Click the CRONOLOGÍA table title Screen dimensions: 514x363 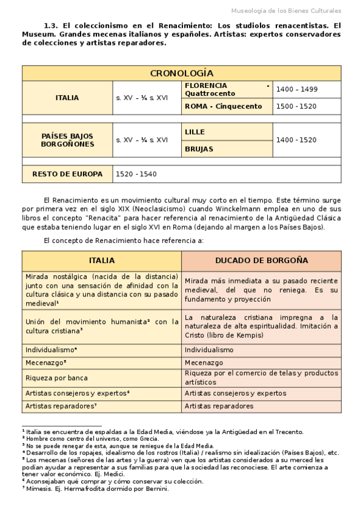click(181, 73)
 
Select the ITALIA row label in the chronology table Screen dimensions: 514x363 click(67, 98)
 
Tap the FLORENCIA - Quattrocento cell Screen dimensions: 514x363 click(227, 89)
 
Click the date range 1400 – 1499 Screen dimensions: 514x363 click(296, 89)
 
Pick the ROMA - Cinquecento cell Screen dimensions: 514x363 click(223, 106)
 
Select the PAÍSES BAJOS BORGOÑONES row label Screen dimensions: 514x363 click(67, 140)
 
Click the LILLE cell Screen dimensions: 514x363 click(195, 132)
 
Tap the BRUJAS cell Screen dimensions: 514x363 click(198, 149)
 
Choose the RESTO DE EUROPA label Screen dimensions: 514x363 click(67, 174)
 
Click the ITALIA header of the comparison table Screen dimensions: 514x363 click(102, 260)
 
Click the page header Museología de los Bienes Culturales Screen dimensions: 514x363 click(287, 11)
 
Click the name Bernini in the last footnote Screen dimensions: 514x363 click(156, 489)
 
